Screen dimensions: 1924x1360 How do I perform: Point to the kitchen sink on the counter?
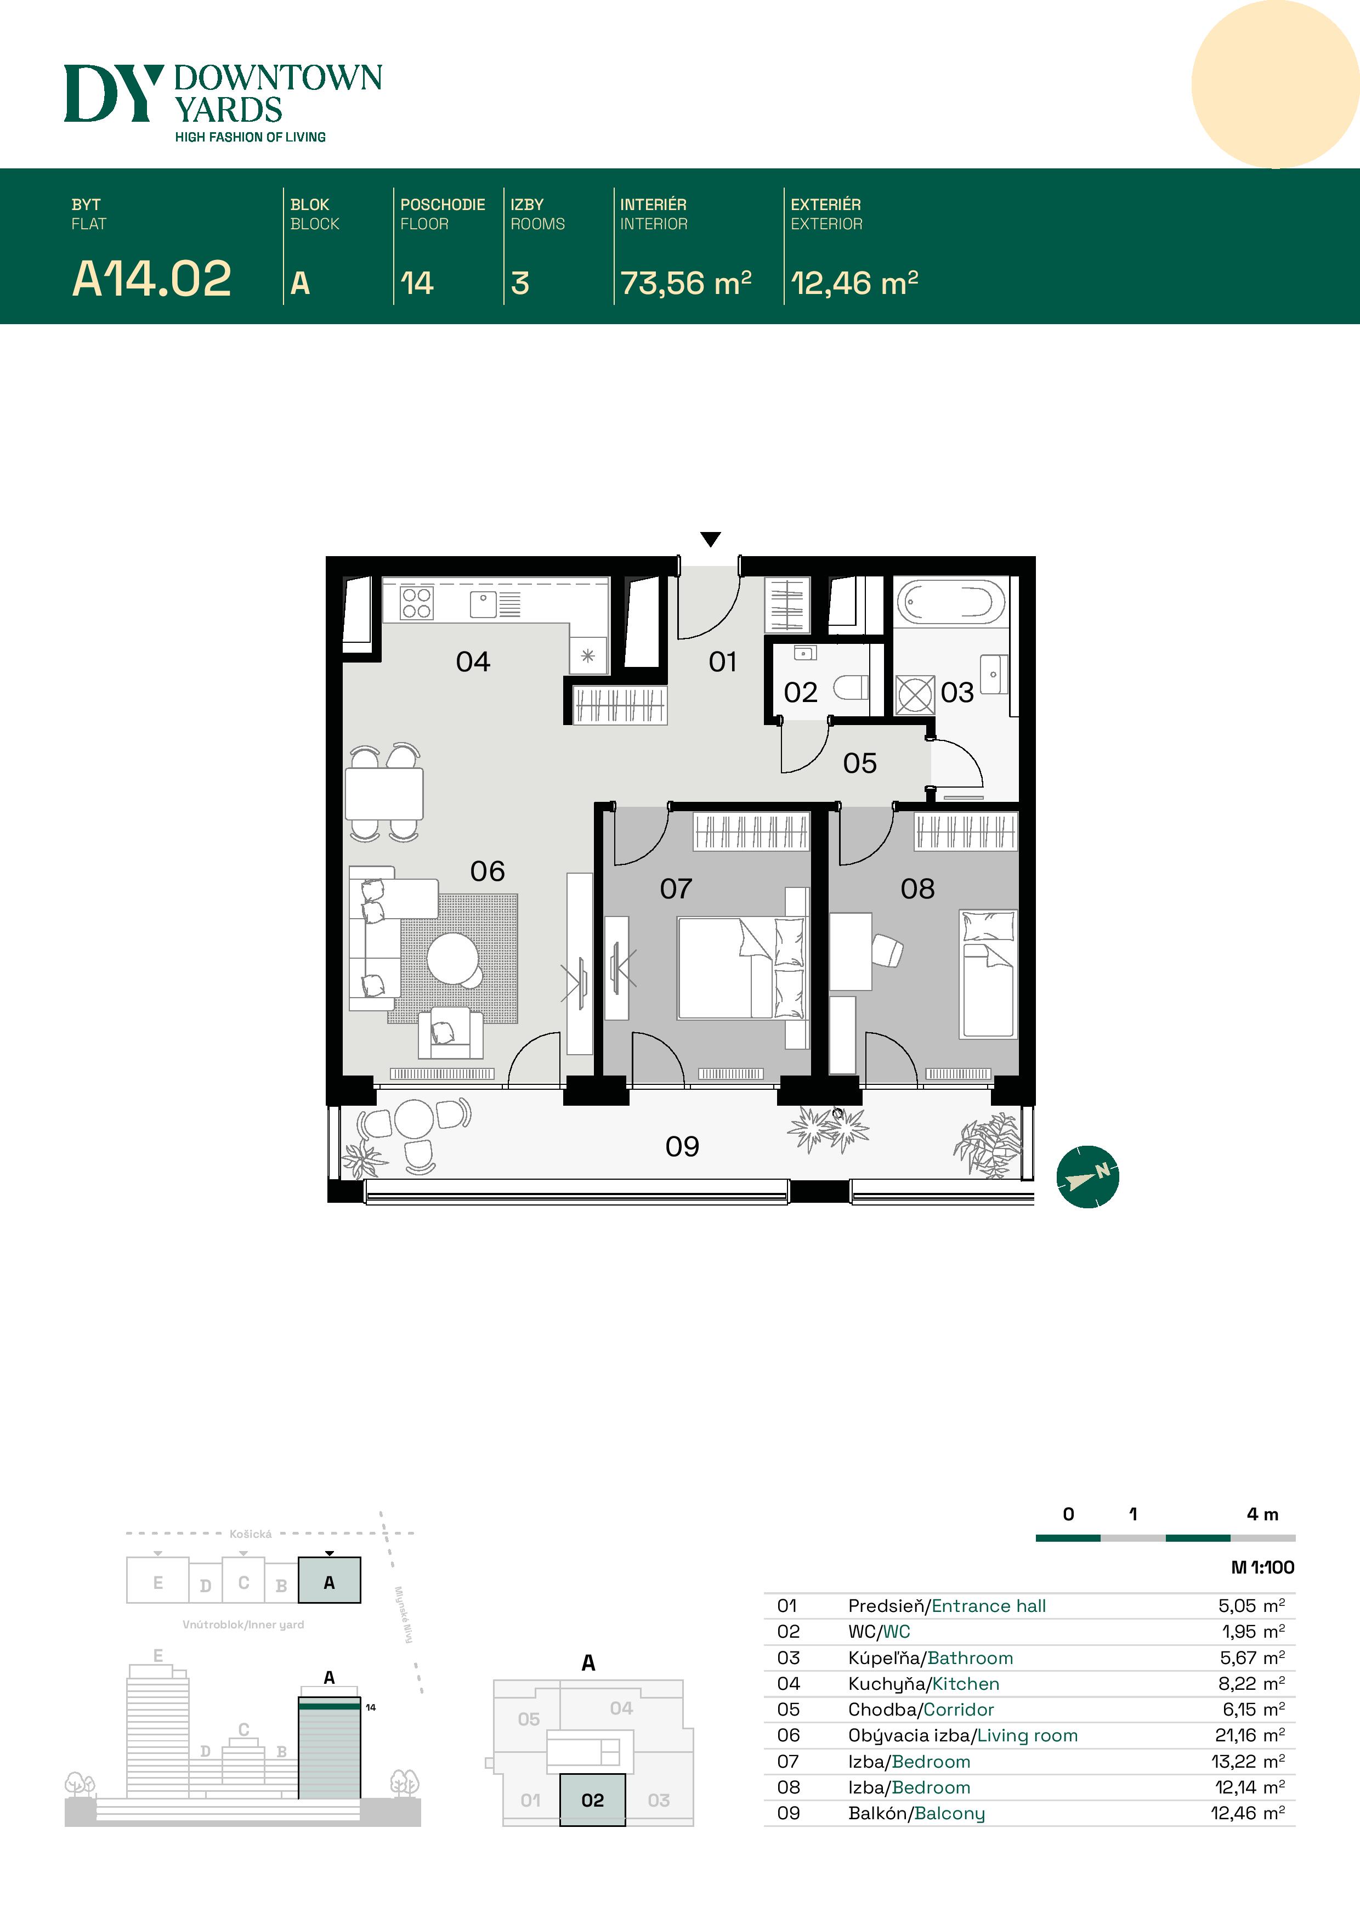(483, 603)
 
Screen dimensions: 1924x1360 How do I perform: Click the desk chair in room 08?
(887, 951)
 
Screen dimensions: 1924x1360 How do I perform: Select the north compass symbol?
(1087, 1176)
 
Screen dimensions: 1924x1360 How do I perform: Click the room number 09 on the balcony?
(682, 1146)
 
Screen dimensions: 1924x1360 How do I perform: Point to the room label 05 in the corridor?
(860, 763)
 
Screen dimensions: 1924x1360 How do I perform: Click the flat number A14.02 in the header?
(152, 279)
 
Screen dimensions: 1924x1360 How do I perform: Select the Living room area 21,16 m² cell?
(1249, 1735)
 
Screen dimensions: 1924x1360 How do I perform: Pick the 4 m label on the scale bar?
(1262, 1514)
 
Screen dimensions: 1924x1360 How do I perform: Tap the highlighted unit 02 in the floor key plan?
(592, 1800)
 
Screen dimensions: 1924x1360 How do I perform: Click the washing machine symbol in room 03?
(914, 695)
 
